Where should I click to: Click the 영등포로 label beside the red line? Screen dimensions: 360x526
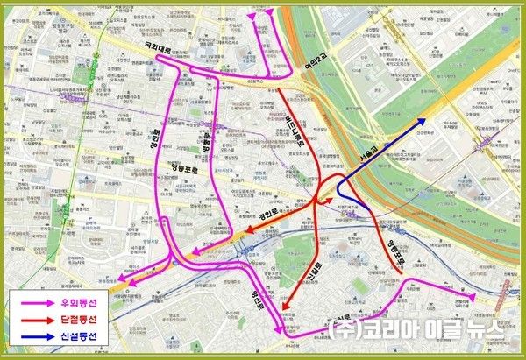[x=397, y=248]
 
